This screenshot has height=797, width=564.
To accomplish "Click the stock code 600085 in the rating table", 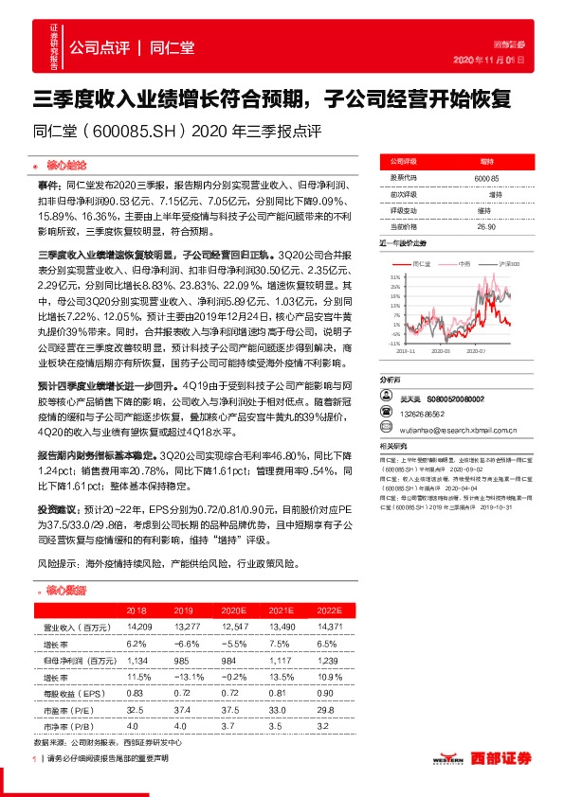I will pos(486,178).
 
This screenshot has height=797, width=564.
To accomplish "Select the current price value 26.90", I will pos(486,227).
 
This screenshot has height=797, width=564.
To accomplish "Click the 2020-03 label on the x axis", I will pos(441,351).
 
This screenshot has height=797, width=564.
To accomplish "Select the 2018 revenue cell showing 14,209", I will pos(137,627).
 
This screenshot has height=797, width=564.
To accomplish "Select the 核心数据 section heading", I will pos(66,590).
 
